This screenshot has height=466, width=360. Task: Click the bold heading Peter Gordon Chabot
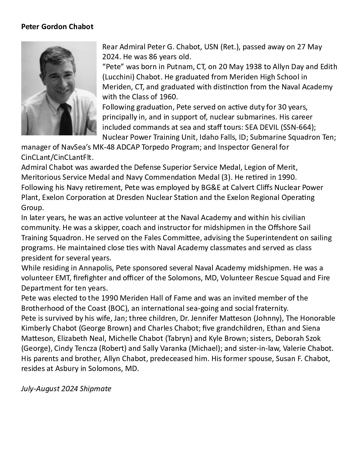(x=57, y=27)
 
